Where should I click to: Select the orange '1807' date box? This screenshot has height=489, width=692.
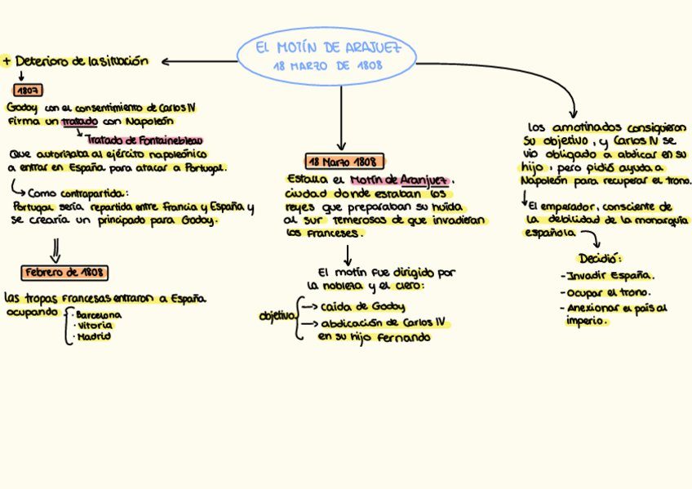pyautogui.click(x=29, y=90)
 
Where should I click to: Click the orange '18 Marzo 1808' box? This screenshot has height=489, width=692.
pyautogui.click(x=344, y=161)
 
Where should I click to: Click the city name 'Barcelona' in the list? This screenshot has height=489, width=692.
pyautogui.click(x=98, y=314)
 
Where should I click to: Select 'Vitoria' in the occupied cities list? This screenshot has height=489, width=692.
pyautogui.click(x=95, y=325)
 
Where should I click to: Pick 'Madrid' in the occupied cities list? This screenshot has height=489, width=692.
pyautogui.click(x=93, y=336)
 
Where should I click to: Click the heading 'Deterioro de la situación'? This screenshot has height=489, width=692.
pyautogui.click(x=81, y=60)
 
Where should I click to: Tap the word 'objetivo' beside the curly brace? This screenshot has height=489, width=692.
pyautogui.click(x=276, y=316)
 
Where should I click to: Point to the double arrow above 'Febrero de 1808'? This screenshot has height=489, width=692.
pyautogui.click(x=55, y=248)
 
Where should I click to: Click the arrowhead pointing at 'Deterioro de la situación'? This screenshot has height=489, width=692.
pyautogui.click(x=166, y=61)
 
